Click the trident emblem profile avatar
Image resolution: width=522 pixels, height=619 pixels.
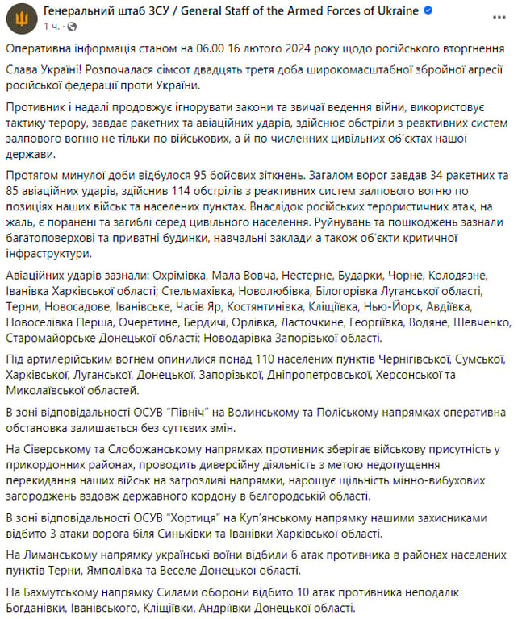point(21,18)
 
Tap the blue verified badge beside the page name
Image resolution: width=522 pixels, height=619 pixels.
point(430,11)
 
